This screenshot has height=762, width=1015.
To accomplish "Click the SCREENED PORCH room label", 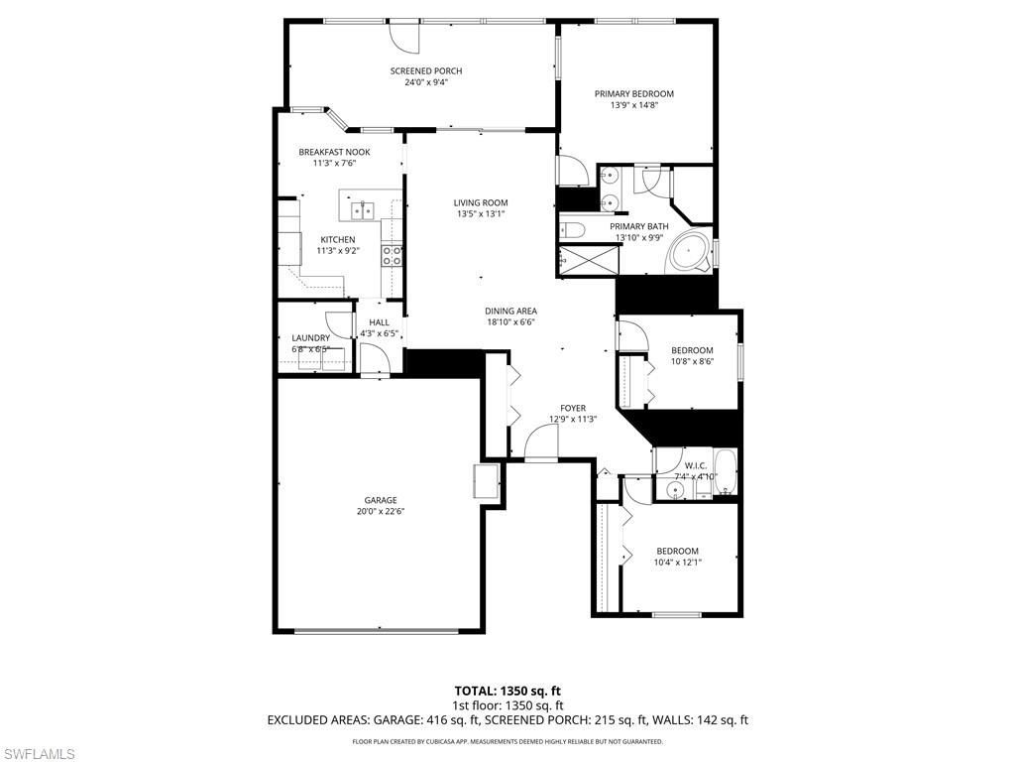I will pyautogui.click(x=425, y=71).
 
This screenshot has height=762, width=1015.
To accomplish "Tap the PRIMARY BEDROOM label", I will pyautogui.click(x=633, y=94).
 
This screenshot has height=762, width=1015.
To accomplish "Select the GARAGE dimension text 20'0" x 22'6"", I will pyautogui.click(x=381, y=512).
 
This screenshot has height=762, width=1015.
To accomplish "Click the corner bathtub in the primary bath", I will pyautogui.click(x=691, y=255).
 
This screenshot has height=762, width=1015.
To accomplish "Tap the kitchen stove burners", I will pyautogui.click(x=392, y=256).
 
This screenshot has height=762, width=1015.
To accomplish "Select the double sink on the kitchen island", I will pyautogui.click(x=361, y=208).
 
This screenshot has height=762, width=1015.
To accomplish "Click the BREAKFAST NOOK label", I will pyautogui.click(x=334, y=152).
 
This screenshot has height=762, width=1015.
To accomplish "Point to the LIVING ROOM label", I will pyautogui.click(x=482, y=203).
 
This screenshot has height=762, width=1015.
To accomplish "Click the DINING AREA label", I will pyautogui.click(x=511, y=311).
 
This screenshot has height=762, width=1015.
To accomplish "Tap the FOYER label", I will pyautogui.click(x=573, y=408).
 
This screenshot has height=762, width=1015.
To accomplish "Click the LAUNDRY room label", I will pyautogui.click(x=310, y=338).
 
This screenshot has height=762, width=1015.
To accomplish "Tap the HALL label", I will pyautogui.click(x=379, y=322).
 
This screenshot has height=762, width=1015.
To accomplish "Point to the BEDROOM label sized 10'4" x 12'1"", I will pyautogui.click(x=677, y=552).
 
